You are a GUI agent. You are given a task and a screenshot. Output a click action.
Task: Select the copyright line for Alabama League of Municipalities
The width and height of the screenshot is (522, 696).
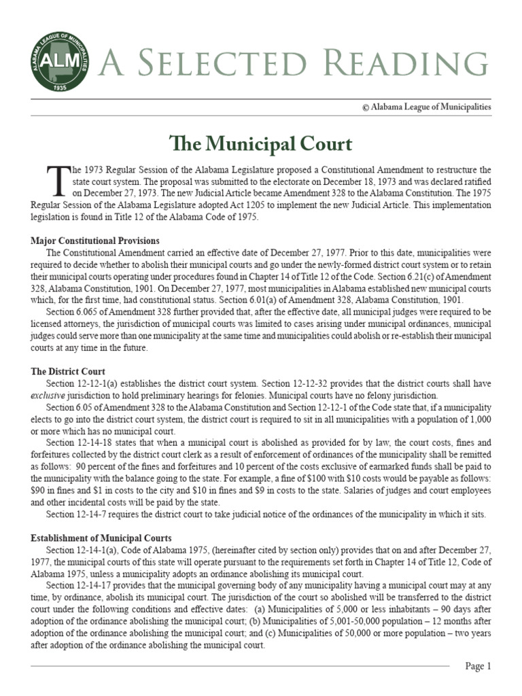click(426, 107)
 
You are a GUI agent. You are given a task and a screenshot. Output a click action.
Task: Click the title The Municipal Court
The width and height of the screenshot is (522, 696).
click(260, 144)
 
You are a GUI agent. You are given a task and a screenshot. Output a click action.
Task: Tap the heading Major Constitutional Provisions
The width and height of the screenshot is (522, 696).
click(95, 241)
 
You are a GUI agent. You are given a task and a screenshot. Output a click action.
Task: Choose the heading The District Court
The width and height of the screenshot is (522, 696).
click(68, 371)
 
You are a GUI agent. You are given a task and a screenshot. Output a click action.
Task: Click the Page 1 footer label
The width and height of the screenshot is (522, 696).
click(478, 666)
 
